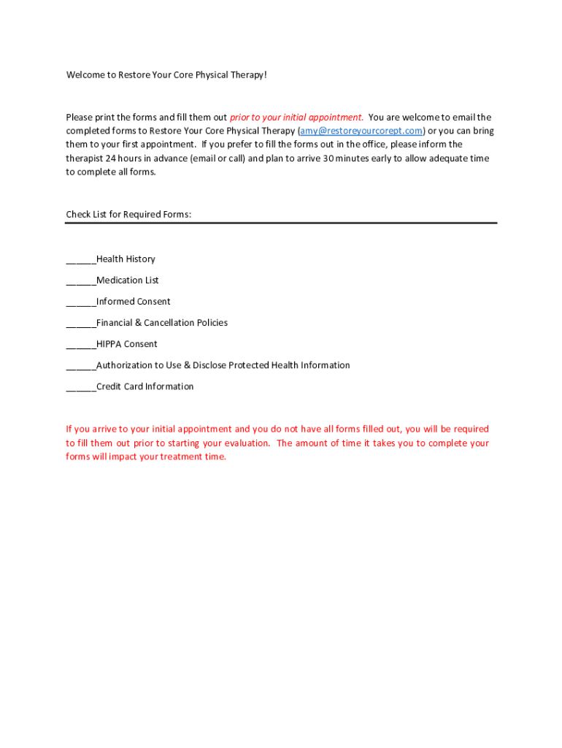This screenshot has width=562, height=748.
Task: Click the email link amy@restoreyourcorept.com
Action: (x=361, y=131)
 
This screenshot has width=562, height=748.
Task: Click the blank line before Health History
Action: (x=81, y=260)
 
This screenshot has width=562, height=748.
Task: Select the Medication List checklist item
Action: (x=128, y=280)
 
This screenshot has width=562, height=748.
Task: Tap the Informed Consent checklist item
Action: (x=134, y=302)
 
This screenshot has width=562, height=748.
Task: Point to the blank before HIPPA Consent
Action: (x=81, y=345)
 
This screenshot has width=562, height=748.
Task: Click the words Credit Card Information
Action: (x=145, y=386)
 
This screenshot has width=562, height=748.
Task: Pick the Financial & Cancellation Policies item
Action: (x=162, y=323)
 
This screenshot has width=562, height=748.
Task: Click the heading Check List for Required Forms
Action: (x=128, y=215)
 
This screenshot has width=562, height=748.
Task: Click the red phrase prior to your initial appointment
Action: (x=296, y=117)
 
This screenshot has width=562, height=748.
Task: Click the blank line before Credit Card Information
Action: (x=81, y=387)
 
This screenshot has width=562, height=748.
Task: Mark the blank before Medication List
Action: (x=81, y=281)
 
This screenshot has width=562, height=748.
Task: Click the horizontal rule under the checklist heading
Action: (x=281, y=223)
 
